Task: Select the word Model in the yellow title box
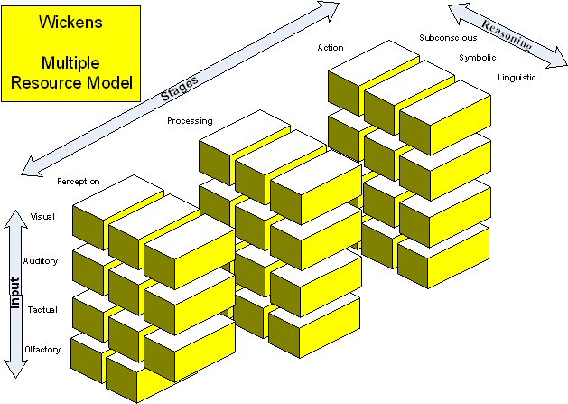coord(112,83)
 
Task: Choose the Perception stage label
coord(78,182)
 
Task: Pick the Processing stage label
coord(190,120)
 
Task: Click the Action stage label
coord(331,47)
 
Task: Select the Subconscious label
coord(448,37)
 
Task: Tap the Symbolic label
coord(477,57)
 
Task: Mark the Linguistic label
coord(517,78)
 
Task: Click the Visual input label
coord(43,217)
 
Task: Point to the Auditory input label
coord(41,261)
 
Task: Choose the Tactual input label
coord(43,310)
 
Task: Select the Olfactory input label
coord(42,350)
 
